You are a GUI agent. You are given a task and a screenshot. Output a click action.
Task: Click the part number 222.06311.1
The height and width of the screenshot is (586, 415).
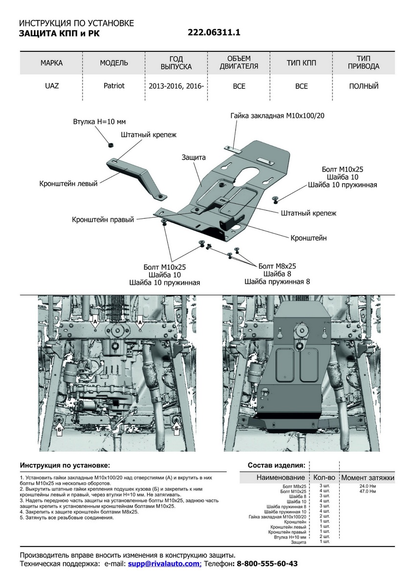(x=214, y=33)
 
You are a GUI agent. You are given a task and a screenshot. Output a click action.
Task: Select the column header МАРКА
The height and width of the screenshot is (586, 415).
(x=51, y=63)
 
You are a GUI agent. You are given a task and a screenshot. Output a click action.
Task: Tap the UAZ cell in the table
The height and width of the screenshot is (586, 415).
(x=51, y=86)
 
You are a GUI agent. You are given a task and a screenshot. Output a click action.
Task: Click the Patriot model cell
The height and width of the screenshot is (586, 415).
(x=114, y=86)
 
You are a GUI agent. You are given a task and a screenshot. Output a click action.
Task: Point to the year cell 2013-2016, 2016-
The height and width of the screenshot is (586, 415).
(x=176, y=86)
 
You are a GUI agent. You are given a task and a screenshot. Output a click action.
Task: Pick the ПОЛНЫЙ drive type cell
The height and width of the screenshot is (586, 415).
(x=364, y=86)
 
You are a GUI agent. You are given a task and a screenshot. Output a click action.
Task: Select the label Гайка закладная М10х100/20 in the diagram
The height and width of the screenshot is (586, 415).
(x=277, y=116)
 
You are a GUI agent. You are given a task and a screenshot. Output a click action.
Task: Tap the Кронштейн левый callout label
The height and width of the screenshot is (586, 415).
(x=68, y=184)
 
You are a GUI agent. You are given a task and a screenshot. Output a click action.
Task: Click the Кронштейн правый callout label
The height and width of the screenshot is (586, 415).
(x=103, y=220)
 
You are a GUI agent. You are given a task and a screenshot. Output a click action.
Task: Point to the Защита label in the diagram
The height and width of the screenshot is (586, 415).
(x=194, y=158)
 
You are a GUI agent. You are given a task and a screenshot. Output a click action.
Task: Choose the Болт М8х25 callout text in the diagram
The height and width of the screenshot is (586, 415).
(x=277, y=266)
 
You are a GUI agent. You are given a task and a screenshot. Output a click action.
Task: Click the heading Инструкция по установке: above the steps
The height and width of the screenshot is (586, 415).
(x=65, y=465)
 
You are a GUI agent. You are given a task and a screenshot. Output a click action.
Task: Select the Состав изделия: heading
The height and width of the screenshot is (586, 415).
(x=277, y=465)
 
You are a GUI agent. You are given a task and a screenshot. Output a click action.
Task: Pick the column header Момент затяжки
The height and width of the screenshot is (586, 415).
(x=368, y=478)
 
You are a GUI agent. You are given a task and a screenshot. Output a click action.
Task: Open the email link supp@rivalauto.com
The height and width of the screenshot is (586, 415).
(x=164, y=564)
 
